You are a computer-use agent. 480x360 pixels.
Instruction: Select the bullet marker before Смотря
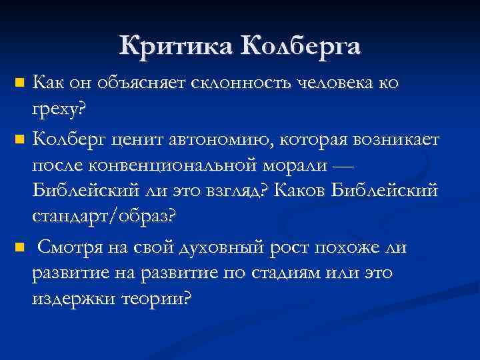tap(19, 248)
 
